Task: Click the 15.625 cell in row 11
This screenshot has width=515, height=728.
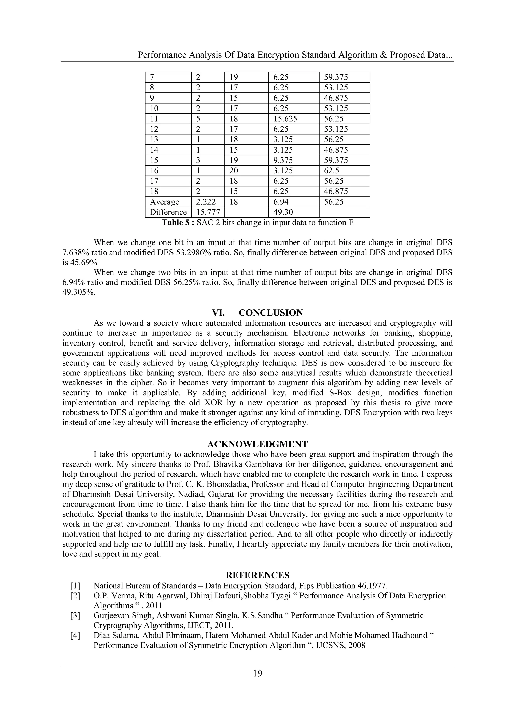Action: tap(285, 119)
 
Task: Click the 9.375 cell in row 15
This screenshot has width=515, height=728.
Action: tap(283, 160)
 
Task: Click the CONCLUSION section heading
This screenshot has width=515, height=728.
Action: tap(271, 313)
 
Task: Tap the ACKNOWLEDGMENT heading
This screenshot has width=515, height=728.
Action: tap(257, 444)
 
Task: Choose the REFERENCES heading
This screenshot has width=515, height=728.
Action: tap(257, 575)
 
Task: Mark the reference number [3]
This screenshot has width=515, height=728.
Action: tap(75, 616)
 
